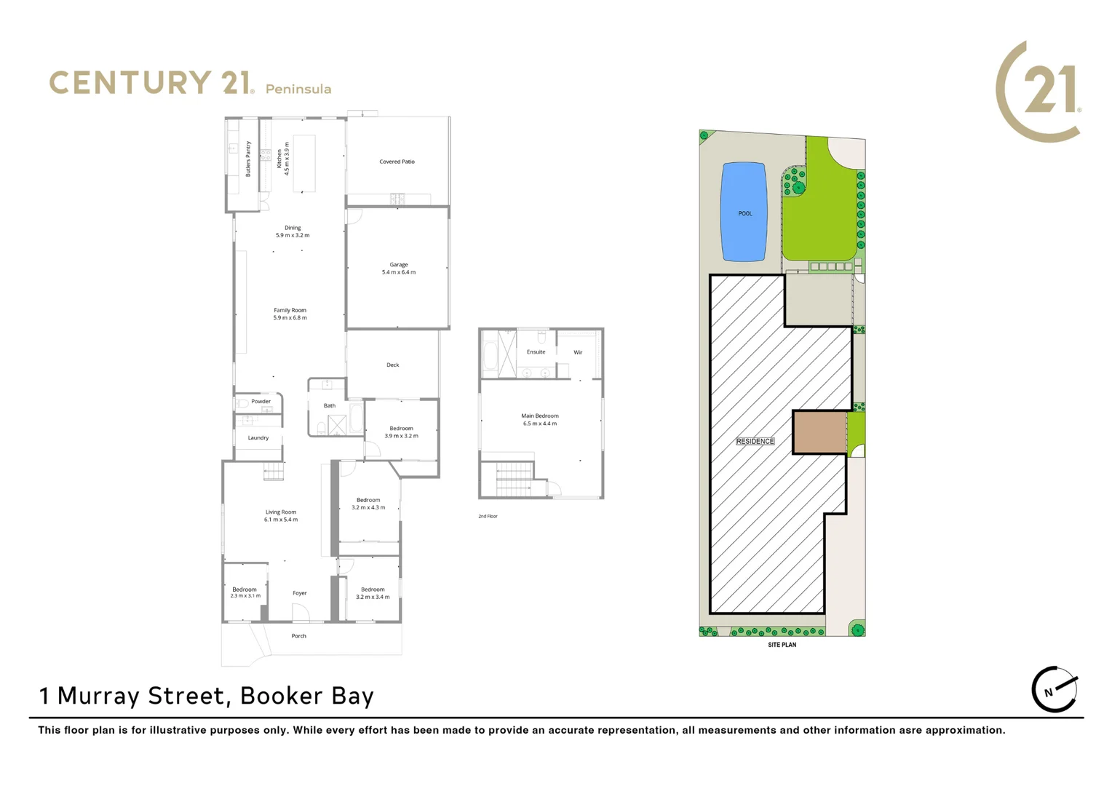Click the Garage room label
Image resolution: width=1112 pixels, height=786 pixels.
tap(398, 265)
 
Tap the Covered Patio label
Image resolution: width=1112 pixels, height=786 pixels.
tap(397, 162)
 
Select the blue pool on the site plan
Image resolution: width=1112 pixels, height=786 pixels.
tap(744, 212)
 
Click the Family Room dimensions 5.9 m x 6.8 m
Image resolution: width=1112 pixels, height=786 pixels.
tap(290, 318)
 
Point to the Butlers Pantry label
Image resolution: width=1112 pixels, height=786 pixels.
tap(248, 159)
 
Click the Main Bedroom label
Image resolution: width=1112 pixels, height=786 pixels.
tap(539, 416)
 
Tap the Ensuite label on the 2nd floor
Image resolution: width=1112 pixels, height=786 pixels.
tap(536, 352)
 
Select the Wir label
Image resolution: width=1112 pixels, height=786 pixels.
tap(578, 353)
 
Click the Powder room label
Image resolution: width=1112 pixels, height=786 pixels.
tap(261, 402)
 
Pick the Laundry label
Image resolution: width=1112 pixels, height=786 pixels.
tap(258, 438)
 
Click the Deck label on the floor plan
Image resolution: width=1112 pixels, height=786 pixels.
tap(392, 365)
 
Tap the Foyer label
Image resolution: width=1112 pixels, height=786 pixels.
tap(300, 593)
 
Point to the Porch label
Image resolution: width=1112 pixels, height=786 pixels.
tap(298, 636)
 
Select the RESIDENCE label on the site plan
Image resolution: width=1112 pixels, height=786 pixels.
tap(755, 441)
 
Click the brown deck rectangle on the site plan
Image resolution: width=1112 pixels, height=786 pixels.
tap(819, 432)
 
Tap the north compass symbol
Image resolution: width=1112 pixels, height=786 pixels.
tap(1055, 689)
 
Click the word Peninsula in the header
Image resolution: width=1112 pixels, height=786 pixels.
tap(298, 89)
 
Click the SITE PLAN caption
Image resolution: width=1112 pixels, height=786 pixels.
tap(782, 645)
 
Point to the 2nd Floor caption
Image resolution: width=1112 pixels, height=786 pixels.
tap(488, 517)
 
